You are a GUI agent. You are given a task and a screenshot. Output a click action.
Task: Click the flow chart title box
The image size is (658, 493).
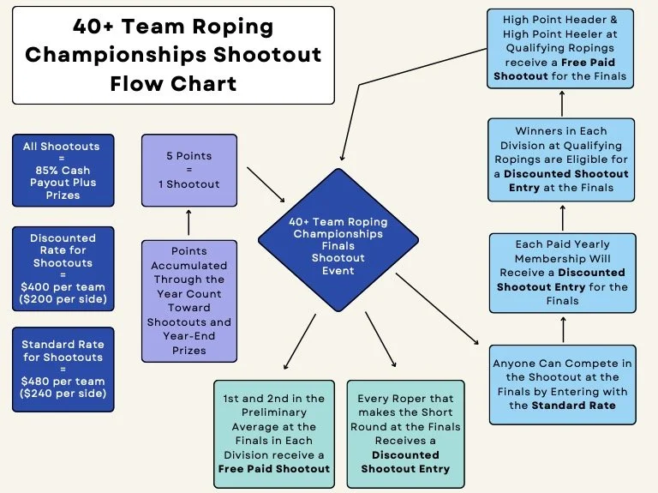click(173, 56)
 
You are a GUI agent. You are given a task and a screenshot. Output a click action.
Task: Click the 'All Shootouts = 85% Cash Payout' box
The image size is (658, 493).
click(61, 171)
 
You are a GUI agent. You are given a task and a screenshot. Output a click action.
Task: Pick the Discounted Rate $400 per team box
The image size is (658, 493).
click(63, 268)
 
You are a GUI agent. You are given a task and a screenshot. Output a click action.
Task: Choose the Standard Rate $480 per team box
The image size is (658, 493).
click(63, 369)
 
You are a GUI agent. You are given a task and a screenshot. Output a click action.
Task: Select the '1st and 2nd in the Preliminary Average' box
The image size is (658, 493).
click(273, 433)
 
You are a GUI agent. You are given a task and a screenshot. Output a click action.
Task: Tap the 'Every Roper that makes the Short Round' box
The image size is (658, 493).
click(406, 434)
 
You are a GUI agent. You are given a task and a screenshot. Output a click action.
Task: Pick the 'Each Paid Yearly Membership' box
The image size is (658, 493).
click(562, 273)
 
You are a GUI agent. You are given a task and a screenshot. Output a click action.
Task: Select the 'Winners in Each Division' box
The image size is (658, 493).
click(562, 160)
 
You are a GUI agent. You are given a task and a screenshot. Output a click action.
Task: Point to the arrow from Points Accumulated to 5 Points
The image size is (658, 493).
click(188, 223)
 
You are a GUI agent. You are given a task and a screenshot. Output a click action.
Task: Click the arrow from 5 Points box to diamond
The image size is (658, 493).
click(265, 179)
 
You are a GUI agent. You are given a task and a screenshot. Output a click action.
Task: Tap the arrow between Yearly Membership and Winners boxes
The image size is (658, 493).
click(562, 216)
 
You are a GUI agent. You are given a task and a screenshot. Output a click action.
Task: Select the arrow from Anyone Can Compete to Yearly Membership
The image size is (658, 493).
click(562, 328)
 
